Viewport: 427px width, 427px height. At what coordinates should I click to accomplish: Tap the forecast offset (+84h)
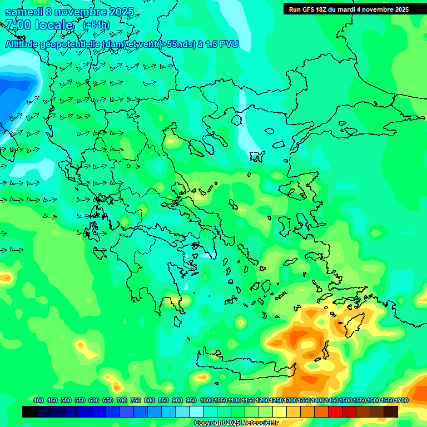(96, 25)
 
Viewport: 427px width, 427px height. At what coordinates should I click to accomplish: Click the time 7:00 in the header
(18, 25)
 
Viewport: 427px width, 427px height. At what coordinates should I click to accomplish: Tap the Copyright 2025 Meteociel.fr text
(236, 423)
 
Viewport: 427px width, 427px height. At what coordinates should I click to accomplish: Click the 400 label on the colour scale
(38, 400)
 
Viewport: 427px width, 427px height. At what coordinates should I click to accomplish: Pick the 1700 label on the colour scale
(401, 400)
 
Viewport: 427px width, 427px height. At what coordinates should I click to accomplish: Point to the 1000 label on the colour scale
(207, 400)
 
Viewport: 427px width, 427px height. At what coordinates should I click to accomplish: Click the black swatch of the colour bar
(29, 411)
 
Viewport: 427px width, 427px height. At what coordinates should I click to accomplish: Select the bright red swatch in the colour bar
(335, 411)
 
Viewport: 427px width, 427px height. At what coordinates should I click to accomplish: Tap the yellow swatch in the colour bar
(280, 411)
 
